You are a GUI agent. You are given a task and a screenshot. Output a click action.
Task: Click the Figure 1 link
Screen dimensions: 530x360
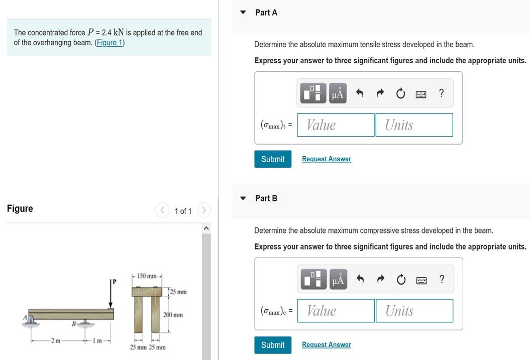110,43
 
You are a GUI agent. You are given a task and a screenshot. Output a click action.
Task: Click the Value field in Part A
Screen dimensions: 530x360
336,125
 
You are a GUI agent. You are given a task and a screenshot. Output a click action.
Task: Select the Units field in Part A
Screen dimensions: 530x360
414,125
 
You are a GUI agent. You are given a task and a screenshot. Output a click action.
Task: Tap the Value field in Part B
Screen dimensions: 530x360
336,311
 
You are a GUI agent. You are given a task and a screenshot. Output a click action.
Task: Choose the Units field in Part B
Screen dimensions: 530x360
414,311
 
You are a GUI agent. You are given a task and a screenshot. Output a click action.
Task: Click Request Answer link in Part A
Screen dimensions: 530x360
327,159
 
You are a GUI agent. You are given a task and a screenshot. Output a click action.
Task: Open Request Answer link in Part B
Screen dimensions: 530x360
327,344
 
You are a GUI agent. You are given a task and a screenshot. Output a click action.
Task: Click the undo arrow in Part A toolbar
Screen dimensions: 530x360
360,93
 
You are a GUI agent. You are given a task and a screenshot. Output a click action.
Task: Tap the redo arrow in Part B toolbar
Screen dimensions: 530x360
381,279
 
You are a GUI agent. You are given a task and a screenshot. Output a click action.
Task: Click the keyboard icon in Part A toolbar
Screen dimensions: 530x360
421,94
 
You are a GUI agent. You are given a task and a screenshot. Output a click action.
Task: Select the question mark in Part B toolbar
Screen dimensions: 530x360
442,279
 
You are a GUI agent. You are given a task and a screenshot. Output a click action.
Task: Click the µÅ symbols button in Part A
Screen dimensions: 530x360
338,93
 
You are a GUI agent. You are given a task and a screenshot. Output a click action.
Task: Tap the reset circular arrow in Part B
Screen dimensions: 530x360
401,279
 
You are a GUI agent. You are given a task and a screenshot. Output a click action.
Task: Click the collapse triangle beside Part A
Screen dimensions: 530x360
243,13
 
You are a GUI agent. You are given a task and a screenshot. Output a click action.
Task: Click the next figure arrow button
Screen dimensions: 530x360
204,210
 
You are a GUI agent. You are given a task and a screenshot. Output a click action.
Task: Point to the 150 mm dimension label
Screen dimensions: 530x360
147,276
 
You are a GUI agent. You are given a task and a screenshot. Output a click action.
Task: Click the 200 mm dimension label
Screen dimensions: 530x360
173,315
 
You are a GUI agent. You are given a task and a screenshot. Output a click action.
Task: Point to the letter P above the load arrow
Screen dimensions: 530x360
114,281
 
